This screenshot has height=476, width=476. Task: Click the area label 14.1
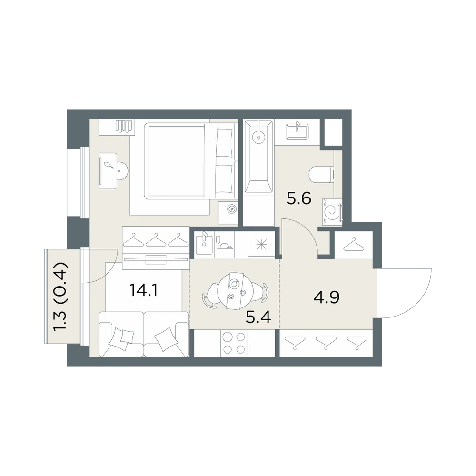tap(143, 290)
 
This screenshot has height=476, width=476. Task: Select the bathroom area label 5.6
tap(299, 198)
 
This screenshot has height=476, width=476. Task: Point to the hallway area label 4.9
tap(327, 297)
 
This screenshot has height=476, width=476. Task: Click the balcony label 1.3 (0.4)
tap(60, 297)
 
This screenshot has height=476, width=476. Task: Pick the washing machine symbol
tap(332, 212)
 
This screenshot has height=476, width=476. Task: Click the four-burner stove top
tap(234, 343)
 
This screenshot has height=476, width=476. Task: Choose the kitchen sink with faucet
tap(204, 243)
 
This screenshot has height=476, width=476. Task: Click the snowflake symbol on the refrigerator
tap(261, 245)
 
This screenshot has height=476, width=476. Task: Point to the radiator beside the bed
tap(124, 126)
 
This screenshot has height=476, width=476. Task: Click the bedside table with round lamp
tap(228, 212)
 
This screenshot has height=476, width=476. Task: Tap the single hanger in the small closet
tap(354, 245)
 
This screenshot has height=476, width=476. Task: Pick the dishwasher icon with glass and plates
tap(224, 243)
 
